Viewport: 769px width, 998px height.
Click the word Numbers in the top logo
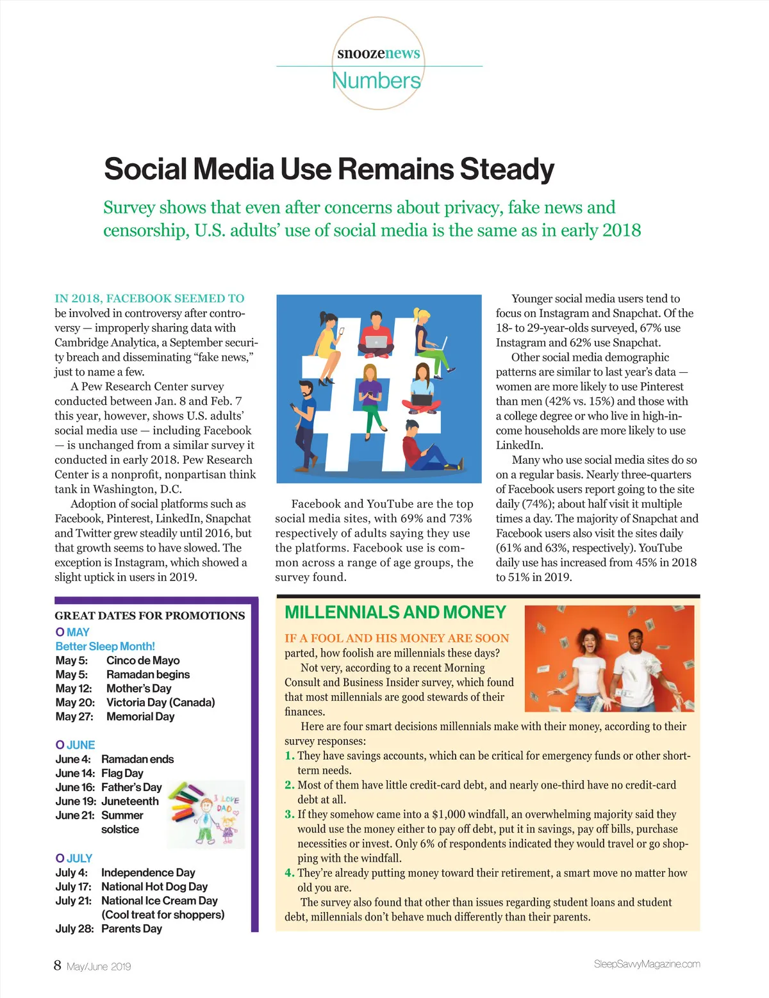click(376, 81)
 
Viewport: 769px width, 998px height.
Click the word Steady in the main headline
click(506, 169)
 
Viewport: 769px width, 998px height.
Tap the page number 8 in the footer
click(58, 965)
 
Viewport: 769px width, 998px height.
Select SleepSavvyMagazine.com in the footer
click(647, 964)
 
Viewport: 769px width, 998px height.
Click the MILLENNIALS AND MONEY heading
click(395, 612)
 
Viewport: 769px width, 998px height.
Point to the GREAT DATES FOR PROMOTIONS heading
click(149, 616)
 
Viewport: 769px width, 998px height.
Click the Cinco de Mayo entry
click(143, 660)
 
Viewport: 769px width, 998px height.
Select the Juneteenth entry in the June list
click(129, 801)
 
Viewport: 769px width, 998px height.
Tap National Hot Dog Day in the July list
click(154, 887)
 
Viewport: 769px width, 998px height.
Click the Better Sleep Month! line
click(105, 646)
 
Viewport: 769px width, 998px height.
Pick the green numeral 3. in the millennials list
click(290, 814)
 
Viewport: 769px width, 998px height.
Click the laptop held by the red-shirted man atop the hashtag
click(376, 341)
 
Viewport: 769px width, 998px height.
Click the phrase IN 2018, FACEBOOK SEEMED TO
click(149, 299)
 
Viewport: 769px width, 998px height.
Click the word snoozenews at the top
click(379, 53)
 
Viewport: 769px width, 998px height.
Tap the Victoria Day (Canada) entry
click(160, 703)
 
